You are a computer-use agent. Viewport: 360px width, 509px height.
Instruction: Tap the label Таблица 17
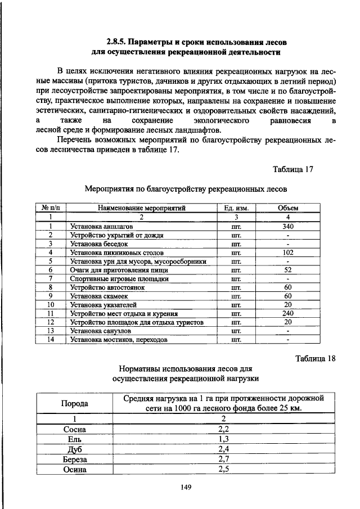(x=292, y=169)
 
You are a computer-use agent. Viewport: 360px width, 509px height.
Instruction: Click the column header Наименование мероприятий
(x=141, y=208)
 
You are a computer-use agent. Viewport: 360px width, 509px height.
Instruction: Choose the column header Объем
(x=288, y=208)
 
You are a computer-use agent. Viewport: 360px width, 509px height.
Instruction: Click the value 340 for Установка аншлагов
(x=288, y=226)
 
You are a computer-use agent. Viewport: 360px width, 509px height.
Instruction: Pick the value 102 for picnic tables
(x=288, y=253)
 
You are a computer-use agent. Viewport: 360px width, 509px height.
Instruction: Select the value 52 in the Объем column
(x=288, y=270)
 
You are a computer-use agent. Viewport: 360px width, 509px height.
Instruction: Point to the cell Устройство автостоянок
(x=107, y=287)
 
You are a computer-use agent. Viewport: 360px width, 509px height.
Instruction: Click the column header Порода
(x=74, y=404)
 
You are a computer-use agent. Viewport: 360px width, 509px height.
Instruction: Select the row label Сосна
(x=74, y=429)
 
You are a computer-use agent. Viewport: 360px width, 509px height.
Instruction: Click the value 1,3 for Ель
(x=223, y=439)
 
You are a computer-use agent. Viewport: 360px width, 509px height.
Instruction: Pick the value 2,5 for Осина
(x=223, y=470)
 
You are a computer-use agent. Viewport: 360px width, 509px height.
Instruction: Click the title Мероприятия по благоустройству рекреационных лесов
(x=186, y=188)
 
